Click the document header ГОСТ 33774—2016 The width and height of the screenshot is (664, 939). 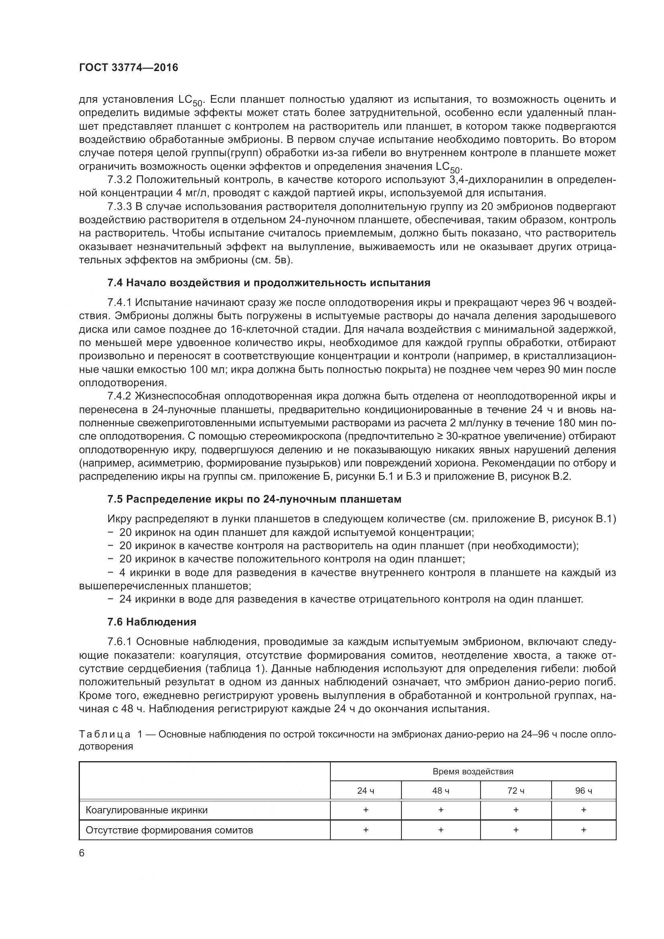coord(128,67)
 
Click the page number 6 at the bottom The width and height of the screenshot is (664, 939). coord(81,853)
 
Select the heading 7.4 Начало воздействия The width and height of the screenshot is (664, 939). coord(269,283)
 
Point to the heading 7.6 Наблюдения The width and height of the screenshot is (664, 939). coord(152,621)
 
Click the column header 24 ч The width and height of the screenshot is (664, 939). coord(366,790)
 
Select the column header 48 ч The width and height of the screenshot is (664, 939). coord(441,790)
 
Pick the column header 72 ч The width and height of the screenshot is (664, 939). coord(515,790)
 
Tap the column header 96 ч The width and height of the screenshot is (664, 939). coord(583,790)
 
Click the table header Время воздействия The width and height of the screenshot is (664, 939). coord(473,771)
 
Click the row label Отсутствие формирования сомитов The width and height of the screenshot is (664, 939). coord(169,830)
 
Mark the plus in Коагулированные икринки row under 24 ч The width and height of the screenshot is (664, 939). coord(366,809)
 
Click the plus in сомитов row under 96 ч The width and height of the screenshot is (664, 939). coord(583,829)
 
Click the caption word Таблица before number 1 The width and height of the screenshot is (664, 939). coord(105,734)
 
